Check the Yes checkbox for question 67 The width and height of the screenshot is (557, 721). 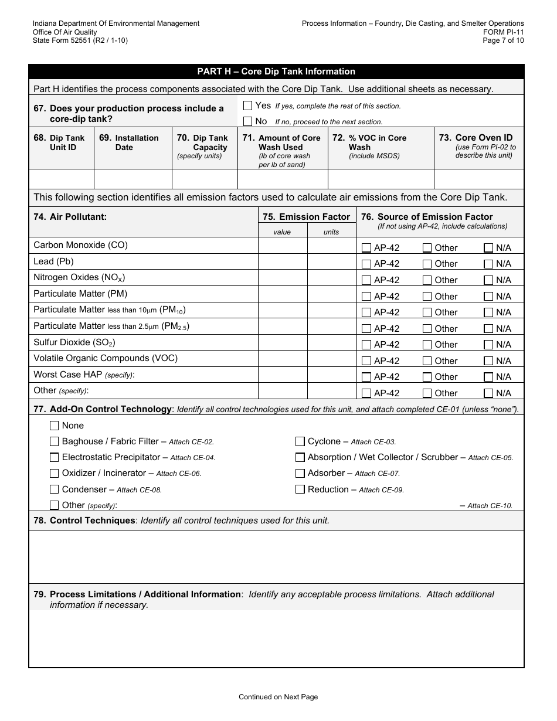247,106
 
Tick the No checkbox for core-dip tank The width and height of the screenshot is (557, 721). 247,121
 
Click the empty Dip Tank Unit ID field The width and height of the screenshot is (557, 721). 62,178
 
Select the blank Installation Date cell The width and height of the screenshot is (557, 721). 133,178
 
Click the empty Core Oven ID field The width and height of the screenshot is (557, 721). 478,178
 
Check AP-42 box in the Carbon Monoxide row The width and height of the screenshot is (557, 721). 366,248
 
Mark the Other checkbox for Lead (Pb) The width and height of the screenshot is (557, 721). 427,264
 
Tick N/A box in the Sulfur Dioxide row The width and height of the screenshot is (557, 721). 488,345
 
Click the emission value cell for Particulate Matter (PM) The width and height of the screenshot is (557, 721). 283,294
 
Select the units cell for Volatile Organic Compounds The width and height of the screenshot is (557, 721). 331,359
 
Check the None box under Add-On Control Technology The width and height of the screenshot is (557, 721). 55,426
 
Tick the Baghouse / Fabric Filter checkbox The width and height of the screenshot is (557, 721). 55,441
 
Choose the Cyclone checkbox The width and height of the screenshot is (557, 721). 300,441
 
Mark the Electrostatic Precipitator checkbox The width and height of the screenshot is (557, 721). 55,457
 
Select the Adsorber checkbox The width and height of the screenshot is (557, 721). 300,473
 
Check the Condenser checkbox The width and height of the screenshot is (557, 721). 55,489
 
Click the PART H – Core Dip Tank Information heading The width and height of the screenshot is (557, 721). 276,72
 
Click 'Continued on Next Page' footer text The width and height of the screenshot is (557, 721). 278,697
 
